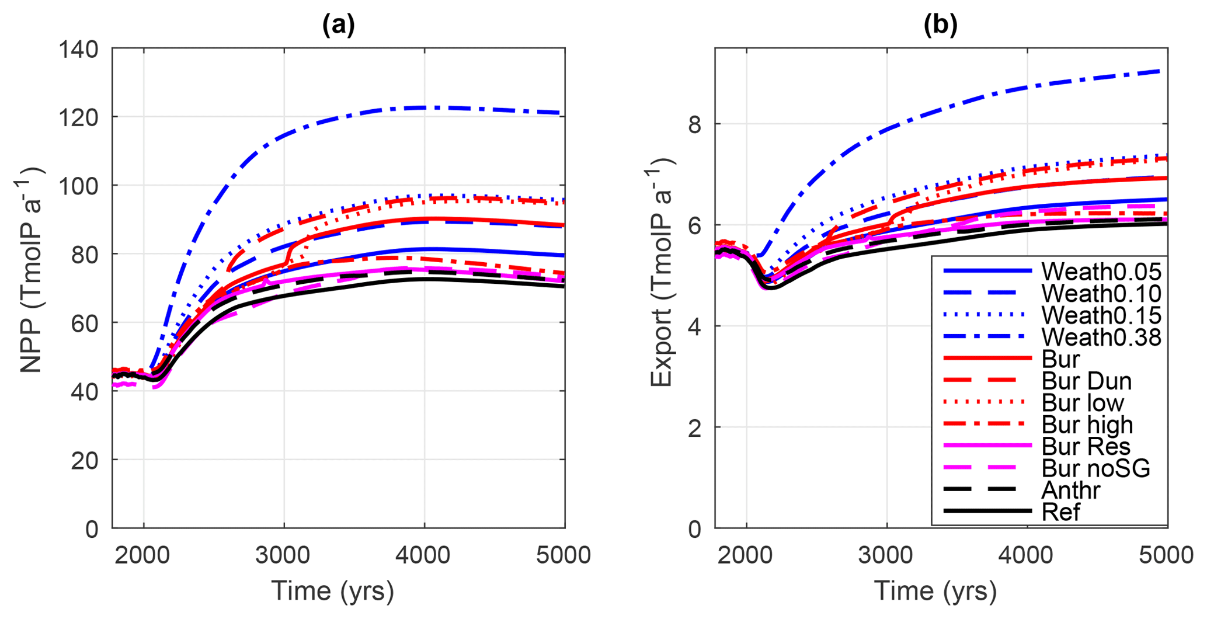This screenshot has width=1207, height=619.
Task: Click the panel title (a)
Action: [x=338, y=25]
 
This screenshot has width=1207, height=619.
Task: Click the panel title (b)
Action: [x=940, y=25]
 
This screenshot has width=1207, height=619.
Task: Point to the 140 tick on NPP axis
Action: [x=79, y=49]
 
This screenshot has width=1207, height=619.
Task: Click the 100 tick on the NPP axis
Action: [x=79, y=186]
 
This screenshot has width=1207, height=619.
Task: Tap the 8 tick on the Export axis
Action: [x=694, y=124]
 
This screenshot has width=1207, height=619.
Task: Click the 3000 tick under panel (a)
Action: [x=284, y=555]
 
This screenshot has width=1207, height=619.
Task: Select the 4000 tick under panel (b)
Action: [x=1027, y=555]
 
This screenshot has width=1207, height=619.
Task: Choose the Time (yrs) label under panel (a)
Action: [x=332, y=591]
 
